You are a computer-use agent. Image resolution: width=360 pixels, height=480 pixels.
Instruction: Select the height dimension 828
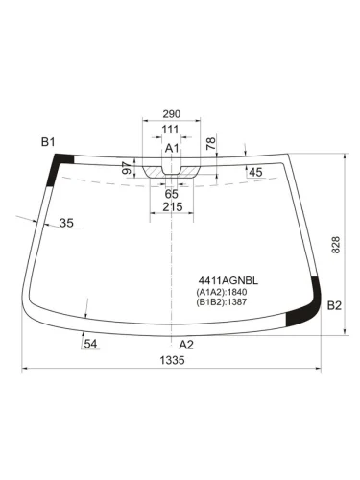tap(335, 245)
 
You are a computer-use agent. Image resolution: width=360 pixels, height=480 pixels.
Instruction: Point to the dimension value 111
tap(171, 130)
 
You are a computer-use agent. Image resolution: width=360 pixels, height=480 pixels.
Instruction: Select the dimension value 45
tap(254, 172)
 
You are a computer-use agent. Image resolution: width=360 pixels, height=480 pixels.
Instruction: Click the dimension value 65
tap(171, 194)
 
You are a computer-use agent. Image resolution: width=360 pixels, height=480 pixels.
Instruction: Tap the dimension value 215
tap(172, 207)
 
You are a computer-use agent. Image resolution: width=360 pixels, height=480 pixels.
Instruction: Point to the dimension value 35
tap(66, 223)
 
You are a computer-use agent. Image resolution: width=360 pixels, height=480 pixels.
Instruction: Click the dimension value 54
tap(90, 343)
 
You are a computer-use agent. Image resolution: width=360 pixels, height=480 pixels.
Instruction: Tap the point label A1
tap(172, 148)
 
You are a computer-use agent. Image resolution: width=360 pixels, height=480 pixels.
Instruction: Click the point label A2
tap(186, 344)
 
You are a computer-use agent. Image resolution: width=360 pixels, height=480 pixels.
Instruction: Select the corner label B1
tap(48, 143)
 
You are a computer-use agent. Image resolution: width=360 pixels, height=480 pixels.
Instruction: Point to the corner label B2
tap(334, 306)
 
